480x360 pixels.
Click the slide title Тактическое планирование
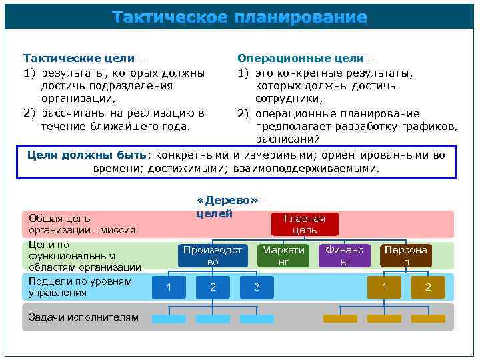(239, 17)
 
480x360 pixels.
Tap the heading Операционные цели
(301, 59)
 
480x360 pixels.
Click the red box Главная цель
(304, 224)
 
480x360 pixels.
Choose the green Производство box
(213, 256)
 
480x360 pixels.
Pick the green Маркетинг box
(283, 256)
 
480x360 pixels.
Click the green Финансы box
(344, 256)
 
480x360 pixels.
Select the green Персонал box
(405, 256)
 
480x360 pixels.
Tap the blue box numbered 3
(257, 287)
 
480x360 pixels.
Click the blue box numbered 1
(169, 287)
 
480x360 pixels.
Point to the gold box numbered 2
(428, 287)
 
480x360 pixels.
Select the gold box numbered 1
(384, 287)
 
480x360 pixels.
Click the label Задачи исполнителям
(83, 317)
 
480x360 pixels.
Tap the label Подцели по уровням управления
(80, 287)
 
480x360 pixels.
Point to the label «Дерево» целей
(227, 207)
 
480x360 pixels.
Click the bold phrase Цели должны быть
(87, 155)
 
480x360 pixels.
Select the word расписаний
(288, 139)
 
